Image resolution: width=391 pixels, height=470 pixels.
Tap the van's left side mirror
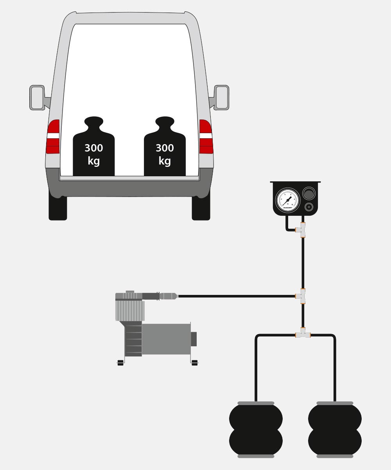[37, 98]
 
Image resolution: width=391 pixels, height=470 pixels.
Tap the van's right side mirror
[221, 98]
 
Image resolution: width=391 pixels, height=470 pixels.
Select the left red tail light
[53, 137]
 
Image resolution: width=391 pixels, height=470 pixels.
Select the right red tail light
[206, 137]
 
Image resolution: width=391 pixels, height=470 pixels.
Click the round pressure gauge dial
[288, 200]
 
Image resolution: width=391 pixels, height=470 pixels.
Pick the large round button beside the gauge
[309, 193]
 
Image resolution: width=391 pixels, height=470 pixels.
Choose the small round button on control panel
[309, 207]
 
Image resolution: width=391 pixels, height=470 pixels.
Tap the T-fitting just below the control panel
[301, 230]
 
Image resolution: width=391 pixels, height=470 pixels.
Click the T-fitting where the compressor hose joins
[301, 296]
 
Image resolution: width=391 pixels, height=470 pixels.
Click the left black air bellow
[256, 430]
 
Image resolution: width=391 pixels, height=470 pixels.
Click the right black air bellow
[335, 430]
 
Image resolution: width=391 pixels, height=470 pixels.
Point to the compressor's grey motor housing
[166, 339]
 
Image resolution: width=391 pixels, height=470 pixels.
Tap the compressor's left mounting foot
[120, 363]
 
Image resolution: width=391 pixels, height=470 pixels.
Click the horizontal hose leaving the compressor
[235, 296]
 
